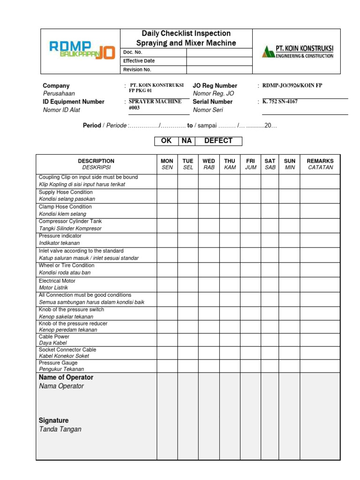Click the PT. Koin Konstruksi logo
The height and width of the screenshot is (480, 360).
pos(297,52)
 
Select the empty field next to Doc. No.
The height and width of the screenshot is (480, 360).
pos(219,52)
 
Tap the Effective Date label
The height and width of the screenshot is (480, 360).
pos(139,61)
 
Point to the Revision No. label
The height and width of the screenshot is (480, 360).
pos(137,70)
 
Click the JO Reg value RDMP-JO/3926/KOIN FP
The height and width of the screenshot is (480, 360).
pos(292,86)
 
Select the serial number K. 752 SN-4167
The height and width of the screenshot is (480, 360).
pos(280,101)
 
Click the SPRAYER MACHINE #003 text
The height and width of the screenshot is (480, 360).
pos(149,104)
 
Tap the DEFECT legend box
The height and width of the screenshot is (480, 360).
pos(218,141)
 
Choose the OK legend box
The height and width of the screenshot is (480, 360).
pos(166,141)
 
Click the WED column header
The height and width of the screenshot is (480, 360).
pos(209,164)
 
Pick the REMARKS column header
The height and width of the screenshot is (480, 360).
pos(320,164)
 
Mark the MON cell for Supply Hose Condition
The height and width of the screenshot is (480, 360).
pos(167,195)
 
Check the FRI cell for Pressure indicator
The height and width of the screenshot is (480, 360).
pos(250,240)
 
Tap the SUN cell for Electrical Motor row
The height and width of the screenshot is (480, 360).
pos(290,284)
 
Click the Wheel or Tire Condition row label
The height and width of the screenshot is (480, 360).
pos(67,265)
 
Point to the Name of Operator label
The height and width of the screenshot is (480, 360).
pos(66,377)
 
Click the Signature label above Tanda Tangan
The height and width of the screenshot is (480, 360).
pos(53,420)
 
